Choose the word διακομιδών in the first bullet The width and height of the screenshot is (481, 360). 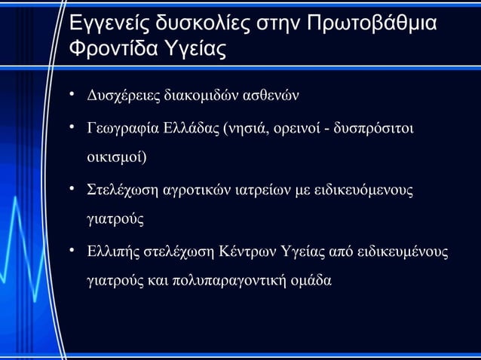199,96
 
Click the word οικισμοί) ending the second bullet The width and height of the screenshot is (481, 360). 118,158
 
